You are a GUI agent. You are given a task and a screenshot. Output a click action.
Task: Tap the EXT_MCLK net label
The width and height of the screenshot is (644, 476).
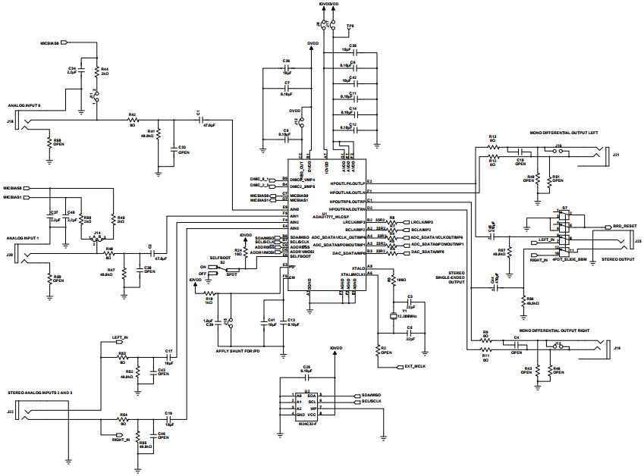coord(414,366)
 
